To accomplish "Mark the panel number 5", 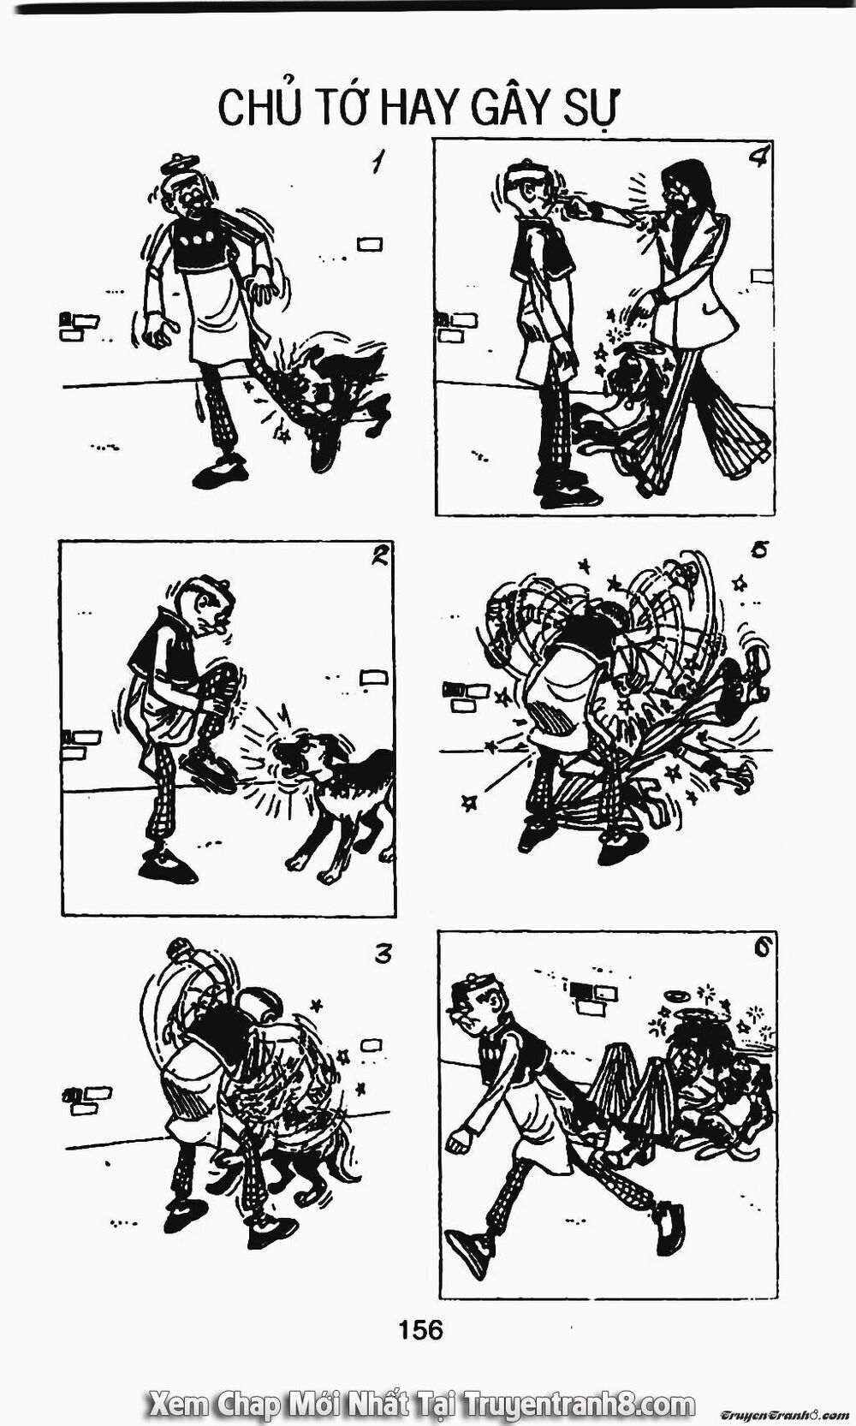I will pos(758,550).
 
